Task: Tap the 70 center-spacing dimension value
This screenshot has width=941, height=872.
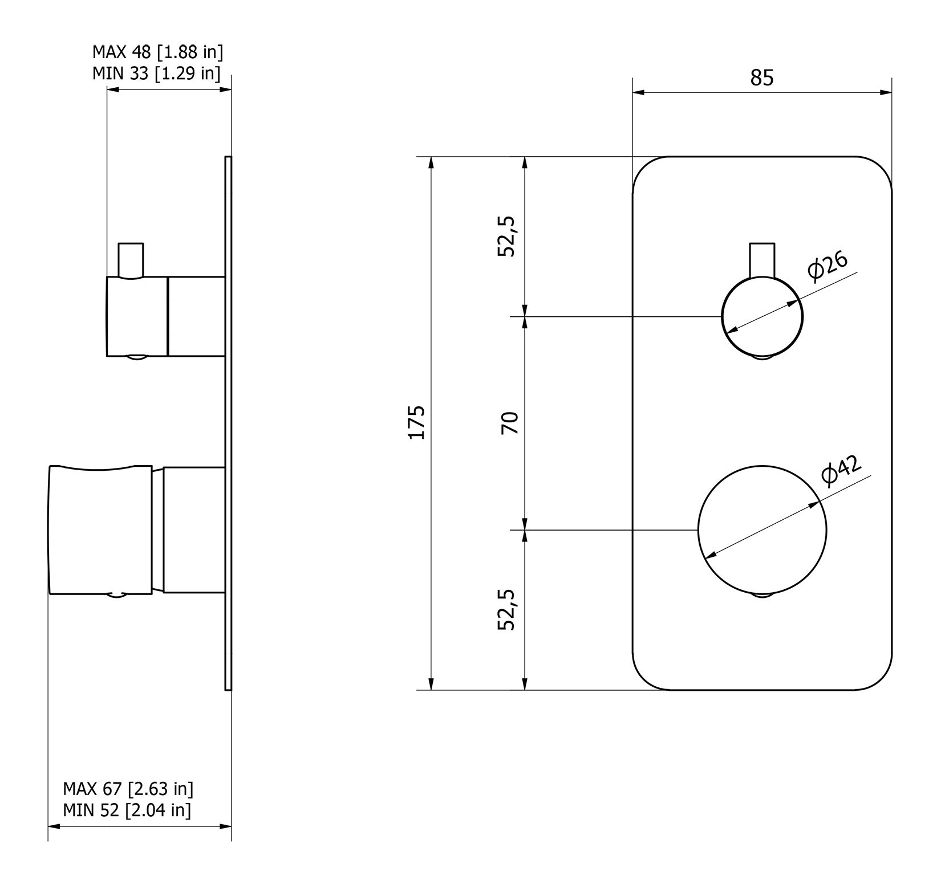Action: coord(510,422)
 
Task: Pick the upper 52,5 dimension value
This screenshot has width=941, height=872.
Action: coord(506,236)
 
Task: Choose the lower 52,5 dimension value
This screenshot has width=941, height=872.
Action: coord(506,609)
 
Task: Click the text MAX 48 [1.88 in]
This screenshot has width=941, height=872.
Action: coord(157,52)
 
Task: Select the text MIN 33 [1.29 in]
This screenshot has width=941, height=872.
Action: coord(156,74)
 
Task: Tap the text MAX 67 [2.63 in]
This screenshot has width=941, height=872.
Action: coord(128,789)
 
